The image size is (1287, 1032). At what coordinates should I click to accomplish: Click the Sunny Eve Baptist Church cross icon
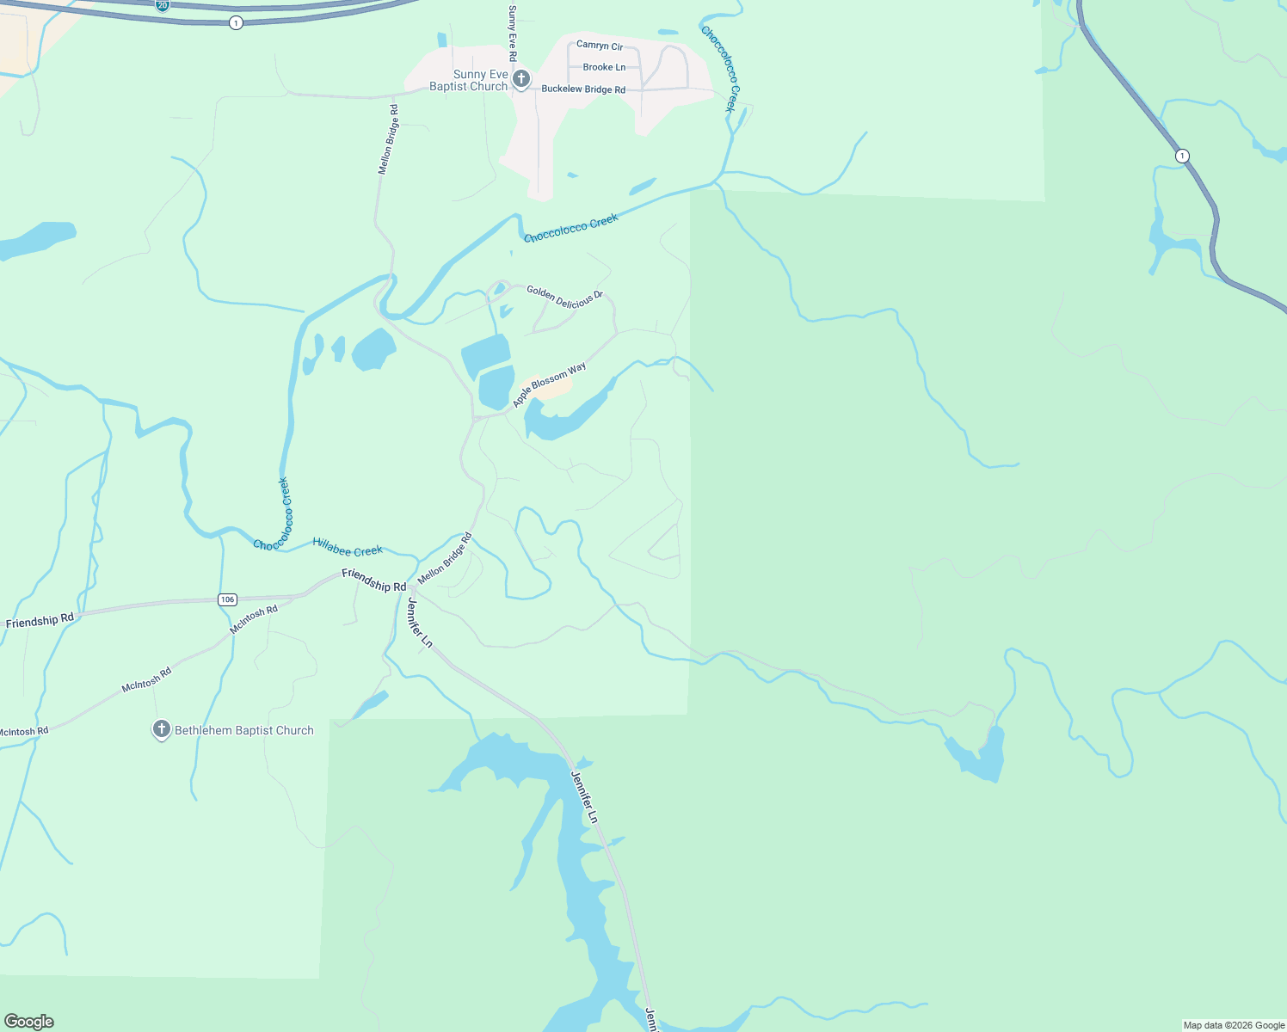(520, 80)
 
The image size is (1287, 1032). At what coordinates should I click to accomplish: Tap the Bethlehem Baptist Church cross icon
(161, 730)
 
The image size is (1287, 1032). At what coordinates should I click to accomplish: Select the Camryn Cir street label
(600, 46)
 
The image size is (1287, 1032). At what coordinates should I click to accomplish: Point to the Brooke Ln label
(604, 67)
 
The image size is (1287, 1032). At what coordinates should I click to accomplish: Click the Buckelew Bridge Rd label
(583, 89)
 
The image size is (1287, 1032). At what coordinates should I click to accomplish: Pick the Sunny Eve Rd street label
(513, 33)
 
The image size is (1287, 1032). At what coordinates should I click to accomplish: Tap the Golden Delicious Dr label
(564, 298)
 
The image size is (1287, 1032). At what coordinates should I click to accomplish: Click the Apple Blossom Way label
(549, 384)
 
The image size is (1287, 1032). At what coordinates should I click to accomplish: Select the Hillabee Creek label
(348, 547)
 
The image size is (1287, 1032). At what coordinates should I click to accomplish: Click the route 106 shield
(227, 599)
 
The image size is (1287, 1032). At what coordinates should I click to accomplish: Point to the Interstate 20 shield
(163, 5)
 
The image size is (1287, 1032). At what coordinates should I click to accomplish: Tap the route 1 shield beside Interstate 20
(236, 23)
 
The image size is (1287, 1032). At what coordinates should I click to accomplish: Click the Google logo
(28, 1022)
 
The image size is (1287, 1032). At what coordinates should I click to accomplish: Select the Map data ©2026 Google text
(1234, 1025)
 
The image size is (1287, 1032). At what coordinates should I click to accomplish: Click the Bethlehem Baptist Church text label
(244, 731)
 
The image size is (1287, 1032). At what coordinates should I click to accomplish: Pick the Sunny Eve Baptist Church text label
(469, 81)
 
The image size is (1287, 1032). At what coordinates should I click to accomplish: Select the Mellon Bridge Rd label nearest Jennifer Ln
(445, 560)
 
